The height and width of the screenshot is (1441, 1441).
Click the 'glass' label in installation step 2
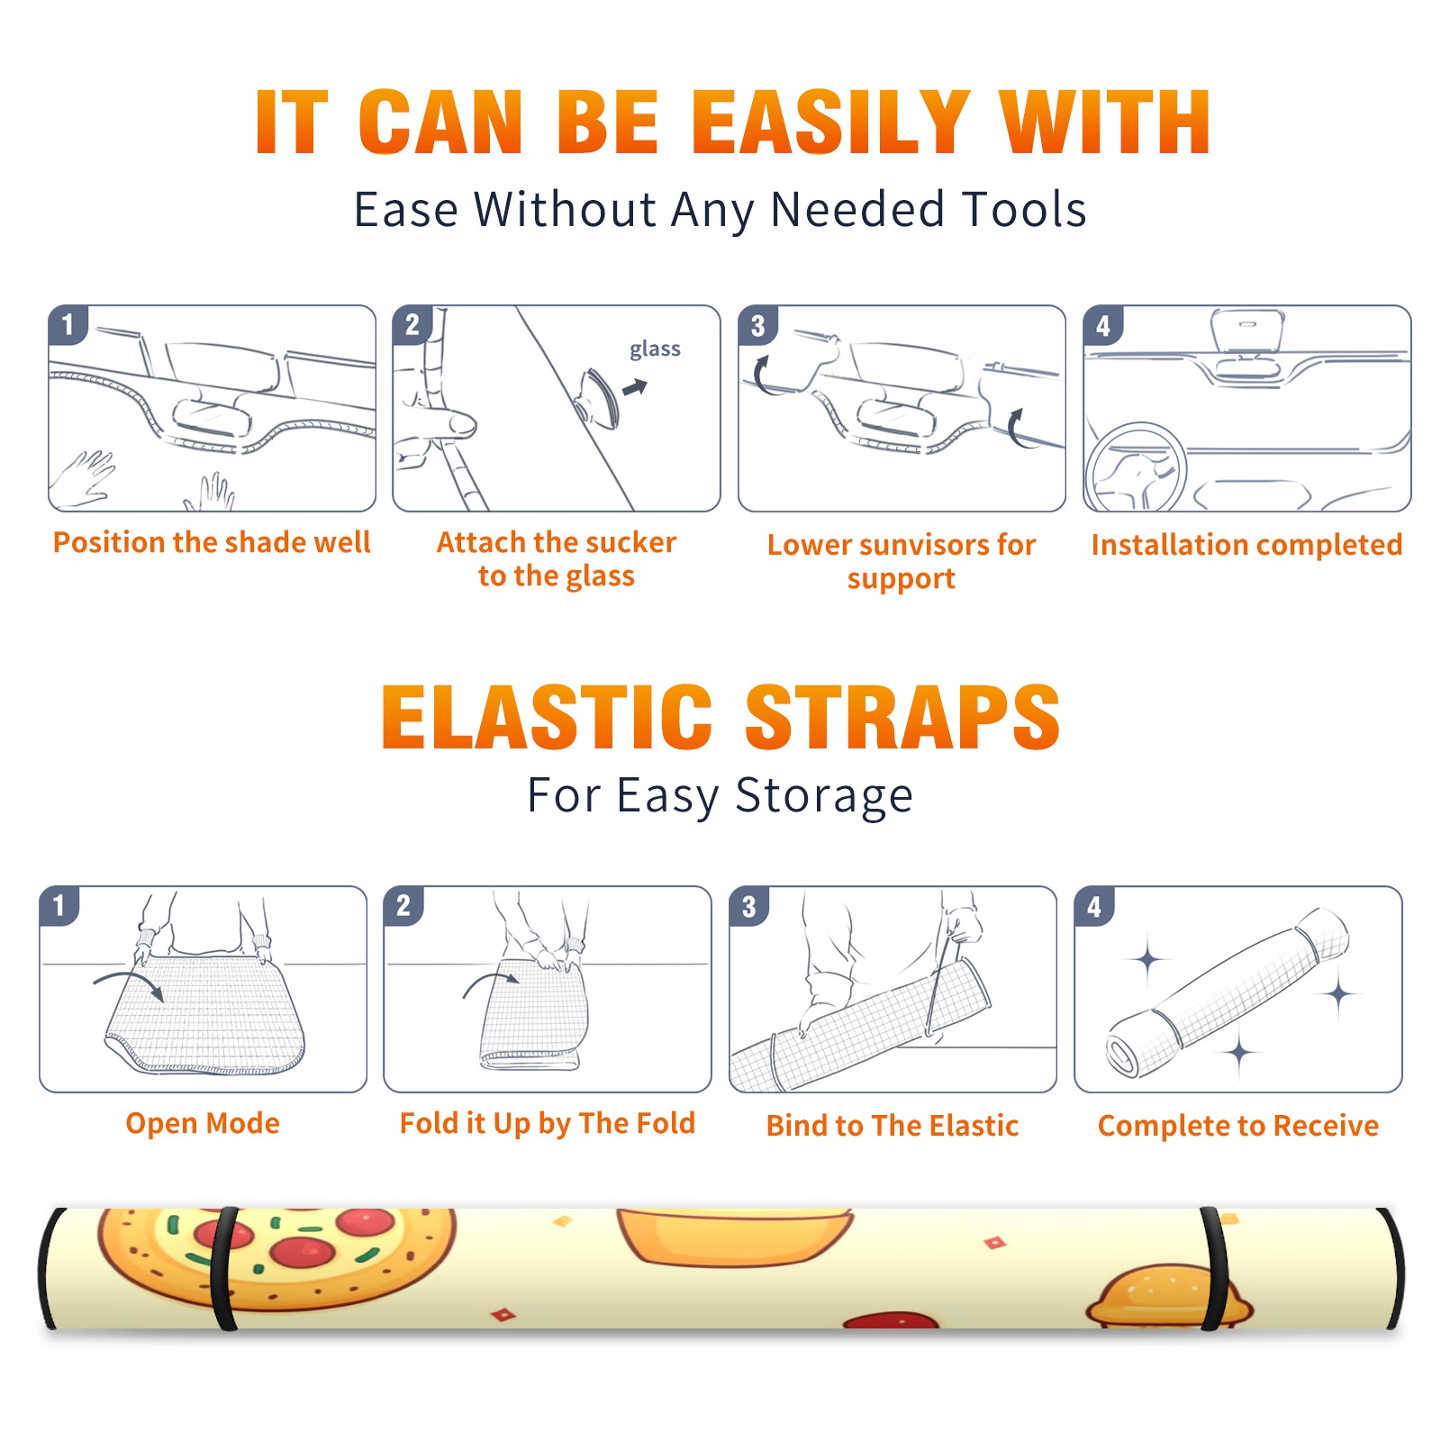pyautogui.click(x=655, y=349)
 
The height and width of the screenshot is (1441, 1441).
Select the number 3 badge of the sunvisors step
pyautogui.click(x=757, y=325)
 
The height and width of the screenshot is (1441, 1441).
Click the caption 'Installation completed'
pyautogui.click(x=1246, y=544)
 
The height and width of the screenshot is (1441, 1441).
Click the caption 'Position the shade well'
pyautogui.click(x=212, y=542)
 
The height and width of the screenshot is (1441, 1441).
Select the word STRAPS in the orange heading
pyautogui.click(x=902, y=717)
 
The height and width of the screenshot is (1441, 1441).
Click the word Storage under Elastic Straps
pyautogui.click(x=824, y=796)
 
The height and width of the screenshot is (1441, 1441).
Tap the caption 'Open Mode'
pyautogui.click(x=203, y=1123)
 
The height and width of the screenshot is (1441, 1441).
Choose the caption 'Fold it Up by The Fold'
pyautogui.click(x=548, y=1124)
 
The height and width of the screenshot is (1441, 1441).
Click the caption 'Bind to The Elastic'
pyautogui.click(x=893, y=1126)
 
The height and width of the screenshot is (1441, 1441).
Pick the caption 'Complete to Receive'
pyautogui.click(x=1238, y=1126)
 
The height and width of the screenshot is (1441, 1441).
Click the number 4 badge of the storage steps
pyautogui.click(x=1094, y=906)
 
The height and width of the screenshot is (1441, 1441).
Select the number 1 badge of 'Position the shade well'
pyautogui.click(x=68, y=325)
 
